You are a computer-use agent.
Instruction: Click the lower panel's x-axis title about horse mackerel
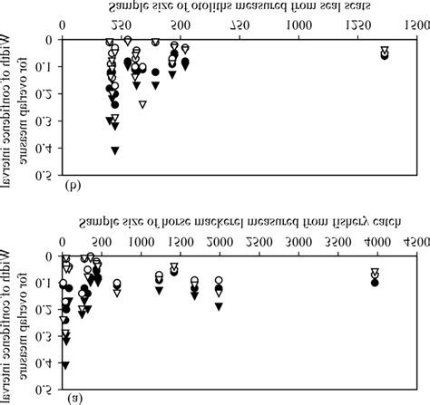pyautogui.click(x=239, y=222)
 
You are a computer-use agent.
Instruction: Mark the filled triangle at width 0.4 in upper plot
pyautogui.click(x=115, y=149)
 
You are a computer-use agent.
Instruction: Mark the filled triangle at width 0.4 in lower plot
pyautogui.click(x=64, y=364)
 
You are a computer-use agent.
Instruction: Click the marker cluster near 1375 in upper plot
pyautogui.click(x=384, y=53)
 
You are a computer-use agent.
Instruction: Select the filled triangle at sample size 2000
pyautogui.click(x=219, y=306)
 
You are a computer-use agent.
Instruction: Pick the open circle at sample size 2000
pyautogui.click(x=219, y=281)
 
